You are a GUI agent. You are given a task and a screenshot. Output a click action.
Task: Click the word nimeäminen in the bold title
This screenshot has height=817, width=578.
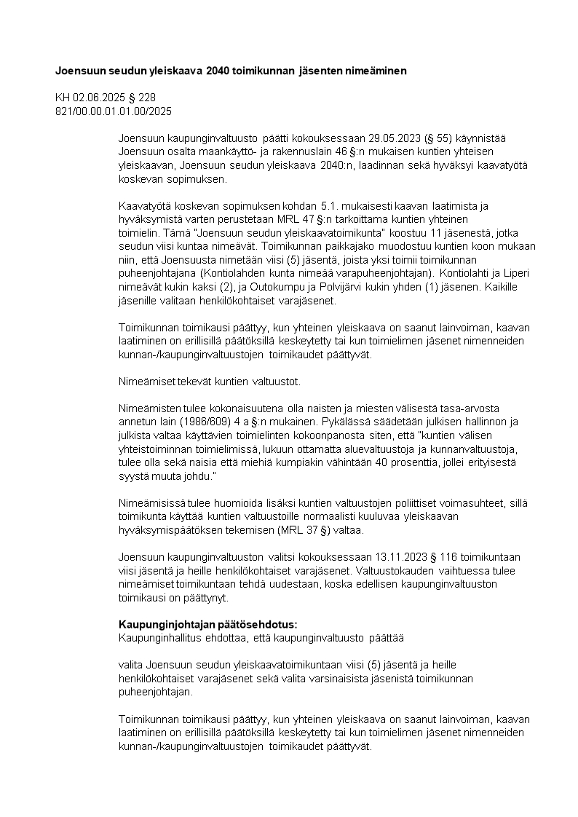click(368, 71)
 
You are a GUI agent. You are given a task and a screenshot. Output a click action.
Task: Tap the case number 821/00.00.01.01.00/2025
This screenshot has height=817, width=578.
click(114, 111)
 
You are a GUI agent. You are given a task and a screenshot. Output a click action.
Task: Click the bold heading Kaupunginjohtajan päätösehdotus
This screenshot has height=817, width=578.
click(207, 625)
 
